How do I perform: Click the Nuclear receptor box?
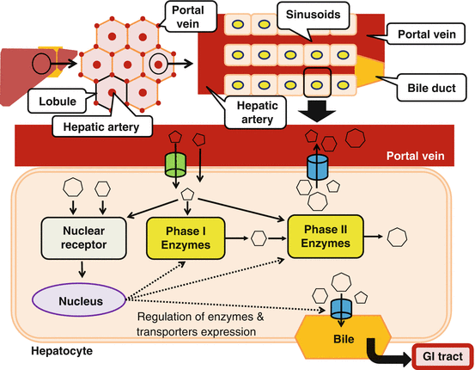[x=83, y=238]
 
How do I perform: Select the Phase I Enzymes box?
[x=186, y=238]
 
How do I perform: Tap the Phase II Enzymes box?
[x=326, y=237]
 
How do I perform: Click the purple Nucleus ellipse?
[x=79, y=300]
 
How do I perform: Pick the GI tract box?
[x=442, y=356]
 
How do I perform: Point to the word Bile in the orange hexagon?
[x=344, y=339]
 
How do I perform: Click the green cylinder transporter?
[x=175, y=165]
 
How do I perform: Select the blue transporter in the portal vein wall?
[x=317, y=167]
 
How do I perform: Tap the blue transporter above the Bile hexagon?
[x=341, y=308]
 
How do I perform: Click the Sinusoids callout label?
[x=313, y=15]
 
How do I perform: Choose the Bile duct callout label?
[x=431, y=88]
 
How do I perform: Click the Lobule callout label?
[x=58, y=101]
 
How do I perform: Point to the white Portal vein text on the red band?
[x=416, y=156]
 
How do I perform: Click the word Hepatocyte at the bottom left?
[x=62, y=351]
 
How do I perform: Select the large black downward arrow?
[x=317, y=110]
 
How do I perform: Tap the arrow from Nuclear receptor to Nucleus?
[x=82, y=269]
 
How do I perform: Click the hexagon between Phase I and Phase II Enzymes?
[x=259, y=238]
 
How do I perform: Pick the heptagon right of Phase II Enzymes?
[x=397, y=237]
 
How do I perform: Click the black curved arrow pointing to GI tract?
[x=389, y=352]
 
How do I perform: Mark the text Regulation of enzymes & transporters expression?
[x=200, y=324]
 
